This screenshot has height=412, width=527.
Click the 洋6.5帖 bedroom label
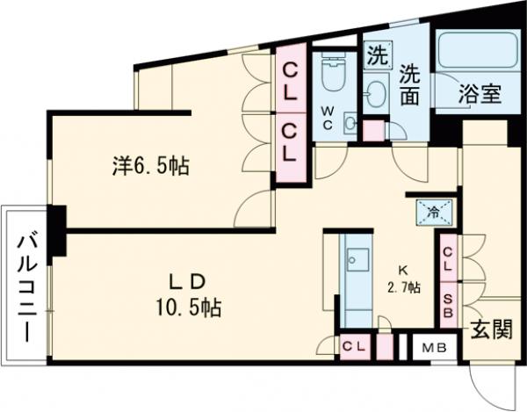point(151,166)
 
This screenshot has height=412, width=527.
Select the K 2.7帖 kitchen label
point(404,279)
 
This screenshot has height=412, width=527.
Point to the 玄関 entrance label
point(491,329)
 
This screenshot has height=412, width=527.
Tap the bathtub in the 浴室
point(477,50)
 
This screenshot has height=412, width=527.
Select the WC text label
point(328,118)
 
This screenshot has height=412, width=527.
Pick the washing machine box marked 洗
point(379,55)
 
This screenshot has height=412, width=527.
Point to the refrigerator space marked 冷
point(434,212)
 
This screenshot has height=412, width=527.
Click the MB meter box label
point(434,348)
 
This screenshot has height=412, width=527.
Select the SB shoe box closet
point(448,305)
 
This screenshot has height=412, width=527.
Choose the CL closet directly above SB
point(448,258)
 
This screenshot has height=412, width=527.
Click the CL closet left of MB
point(355,346)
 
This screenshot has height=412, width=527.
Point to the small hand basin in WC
point(350,123)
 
